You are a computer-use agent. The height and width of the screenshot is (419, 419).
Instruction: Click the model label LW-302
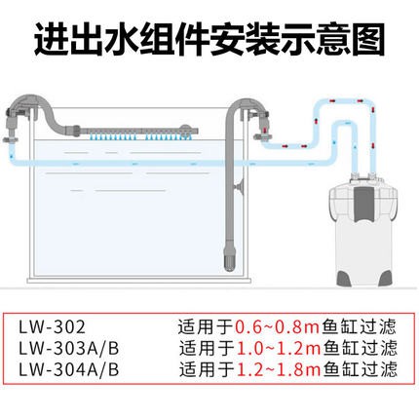(x=52, y=327)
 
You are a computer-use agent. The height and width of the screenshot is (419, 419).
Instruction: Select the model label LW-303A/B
(x=69, y=349)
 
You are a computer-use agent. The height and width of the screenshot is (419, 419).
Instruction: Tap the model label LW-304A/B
(x=69, y=369)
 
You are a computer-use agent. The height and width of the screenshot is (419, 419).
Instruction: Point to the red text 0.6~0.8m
(x=278, y=327)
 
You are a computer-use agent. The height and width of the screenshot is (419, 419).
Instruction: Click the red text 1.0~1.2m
(x=279, y=349)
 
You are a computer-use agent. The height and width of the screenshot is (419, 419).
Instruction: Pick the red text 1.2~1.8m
(x=279, y=369)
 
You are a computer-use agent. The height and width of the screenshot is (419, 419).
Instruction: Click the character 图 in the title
(x=368, y=40)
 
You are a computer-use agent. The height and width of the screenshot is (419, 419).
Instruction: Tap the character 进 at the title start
(x=52, y=40)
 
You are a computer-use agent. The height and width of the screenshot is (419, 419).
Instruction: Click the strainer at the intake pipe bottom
(x=230, y=259)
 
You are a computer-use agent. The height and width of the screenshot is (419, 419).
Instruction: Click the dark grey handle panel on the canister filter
(x=362, y=203)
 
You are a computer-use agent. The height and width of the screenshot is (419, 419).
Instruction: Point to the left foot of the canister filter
(x=345, y=278)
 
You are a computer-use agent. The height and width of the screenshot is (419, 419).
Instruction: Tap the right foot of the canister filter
(x=385, y=278)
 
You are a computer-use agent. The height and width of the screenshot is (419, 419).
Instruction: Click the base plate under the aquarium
(x=139, y=280)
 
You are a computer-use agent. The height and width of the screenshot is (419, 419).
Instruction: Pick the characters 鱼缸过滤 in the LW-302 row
(x=360, y=327)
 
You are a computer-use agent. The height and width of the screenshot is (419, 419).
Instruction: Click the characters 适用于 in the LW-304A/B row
(x=208, y=369)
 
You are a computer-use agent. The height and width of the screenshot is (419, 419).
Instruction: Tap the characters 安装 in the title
(x=245, y=40)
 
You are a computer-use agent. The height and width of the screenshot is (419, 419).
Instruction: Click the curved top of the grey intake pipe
(x=247, y=108)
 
